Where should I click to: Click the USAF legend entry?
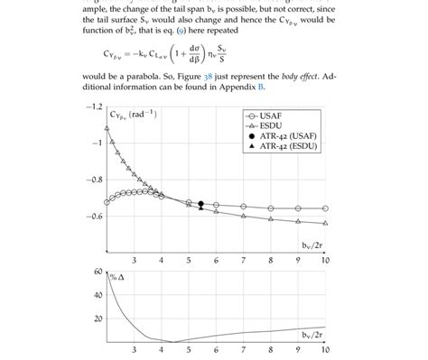(x=271, y=116)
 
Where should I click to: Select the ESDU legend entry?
(x=271, y=126)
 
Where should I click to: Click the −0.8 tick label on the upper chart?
(x=94, y=180)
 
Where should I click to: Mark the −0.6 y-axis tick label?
(x=94, y=217)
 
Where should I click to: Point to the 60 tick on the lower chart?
(x=97, y=271)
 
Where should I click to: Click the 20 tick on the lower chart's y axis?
(x=97, y=318)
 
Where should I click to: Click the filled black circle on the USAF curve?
(x=200, y=205)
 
